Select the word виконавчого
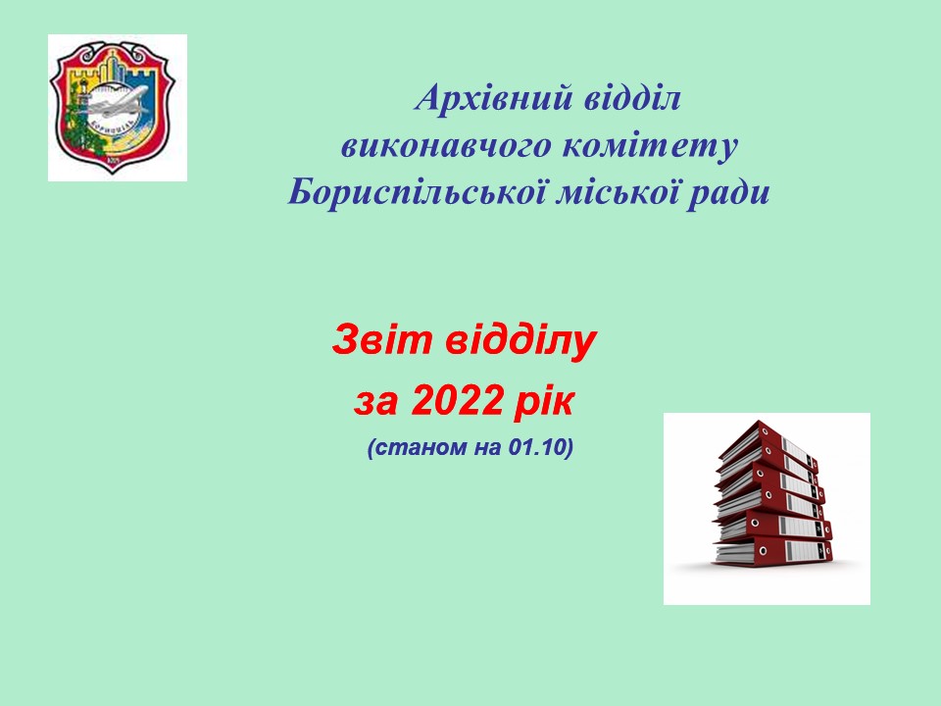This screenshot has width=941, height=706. [x=447, y=146]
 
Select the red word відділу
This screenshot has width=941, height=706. [x=520, y=341]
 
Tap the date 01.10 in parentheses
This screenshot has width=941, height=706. [x=537, y=447]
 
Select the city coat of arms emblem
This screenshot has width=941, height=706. [x=112, y=107]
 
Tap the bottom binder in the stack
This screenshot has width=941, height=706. [x=773, y=552]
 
